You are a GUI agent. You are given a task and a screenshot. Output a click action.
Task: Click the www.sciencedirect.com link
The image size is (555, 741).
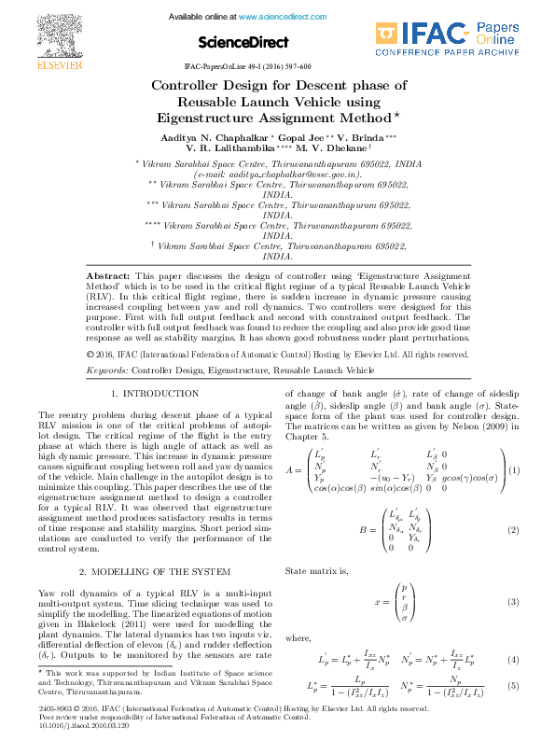click(277, 17)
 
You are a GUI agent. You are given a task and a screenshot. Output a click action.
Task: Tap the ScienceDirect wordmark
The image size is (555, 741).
click(242, 42)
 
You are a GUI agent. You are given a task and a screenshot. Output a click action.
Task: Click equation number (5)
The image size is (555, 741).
click(513, 687)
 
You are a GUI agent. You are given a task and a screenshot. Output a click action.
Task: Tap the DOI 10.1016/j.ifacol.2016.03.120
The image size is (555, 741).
click(82, 722)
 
